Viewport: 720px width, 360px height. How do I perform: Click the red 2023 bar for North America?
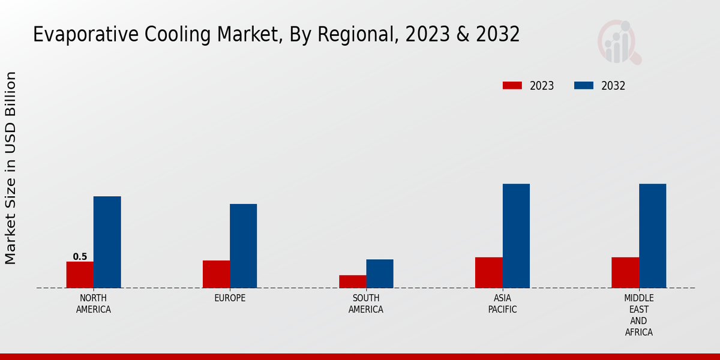[80, 275]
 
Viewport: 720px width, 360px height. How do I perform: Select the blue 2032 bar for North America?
[107, 242]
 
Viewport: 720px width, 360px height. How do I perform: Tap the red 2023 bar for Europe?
[216, 274]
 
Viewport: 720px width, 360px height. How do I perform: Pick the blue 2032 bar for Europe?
[244, 246]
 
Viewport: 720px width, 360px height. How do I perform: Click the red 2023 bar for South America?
[353, 281]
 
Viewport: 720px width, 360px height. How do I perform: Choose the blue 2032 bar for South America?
[380, 274]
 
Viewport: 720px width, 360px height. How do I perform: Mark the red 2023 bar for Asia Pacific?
[489, 272]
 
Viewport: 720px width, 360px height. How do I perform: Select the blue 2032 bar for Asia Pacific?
[516, 236]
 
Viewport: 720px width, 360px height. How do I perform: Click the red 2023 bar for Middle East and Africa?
[625, 272]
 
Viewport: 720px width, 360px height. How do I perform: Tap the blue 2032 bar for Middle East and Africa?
[653, 236]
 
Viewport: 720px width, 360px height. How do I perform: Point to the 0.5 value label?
[80, 257]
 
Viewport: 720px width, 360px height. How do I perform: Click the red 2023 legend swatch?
[512, 86]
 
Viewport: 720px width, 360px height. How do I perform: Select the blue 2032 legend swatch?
[584, 86]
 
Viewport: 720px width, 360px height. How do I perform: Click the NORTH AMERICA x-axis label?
[94, 304]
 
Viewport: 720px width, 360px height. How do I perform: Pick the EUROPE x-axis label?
[230, 298]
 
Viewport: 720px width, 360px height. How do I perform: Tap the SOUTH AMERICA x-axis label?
[366, 304]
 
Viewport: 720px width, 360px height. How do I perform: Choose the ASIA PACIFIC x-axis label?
[503, 304]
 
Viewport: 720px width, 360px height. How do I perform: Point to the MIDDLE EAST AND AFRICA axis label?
[639, 315]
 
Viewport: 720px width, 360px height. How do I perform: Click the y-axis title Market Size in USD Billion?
[11, 168]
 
